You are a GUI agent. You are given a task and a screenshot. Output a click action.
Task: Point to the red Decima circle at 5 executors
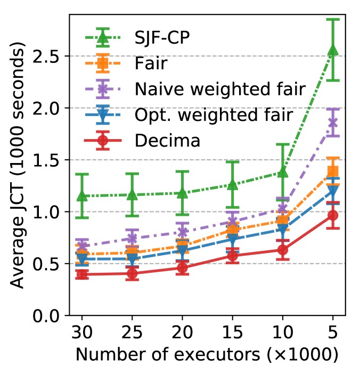[x=333, y=215]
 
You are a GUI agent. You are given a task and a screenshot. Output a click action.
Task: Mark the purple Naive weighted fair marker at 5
[x=333, y=123]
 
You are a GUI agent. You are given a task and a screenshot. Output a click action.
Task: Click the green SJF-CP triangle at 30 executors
[x=81, y=196]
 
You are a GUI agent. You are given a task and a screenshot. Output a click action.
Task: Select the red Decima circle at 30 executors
[x=81, y=274]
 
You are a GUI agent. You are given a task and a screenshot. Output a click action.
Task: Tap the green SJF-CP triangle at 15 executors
[x=232, y=185]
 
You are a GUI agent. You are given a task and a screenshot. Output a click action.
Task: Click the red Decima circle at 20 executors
[x=182, y=268]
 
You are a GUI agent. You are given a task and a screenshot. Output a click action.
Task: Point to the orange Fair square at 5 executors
[x=333, y=171]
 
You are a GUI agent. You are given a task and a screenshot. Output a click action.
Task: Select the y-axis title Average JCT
[x=19, y=168]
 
